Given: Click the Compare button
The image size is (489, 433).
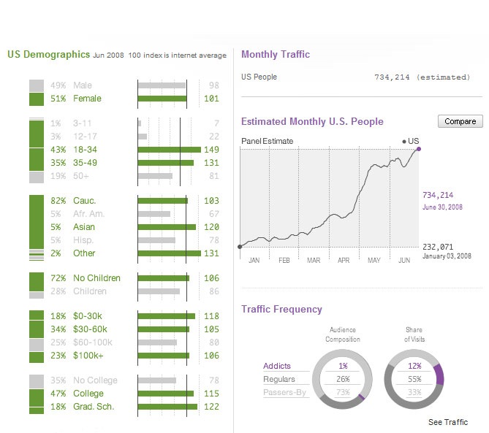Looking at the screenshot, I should pos(460,121).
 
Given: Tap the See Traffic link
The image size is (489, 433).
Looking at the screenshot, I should pos(448,422).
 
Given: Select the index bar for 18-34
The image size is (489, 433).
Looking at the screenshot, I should pos(169,150).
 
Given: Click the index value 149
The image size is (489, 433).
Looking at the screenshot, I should pos(212,150).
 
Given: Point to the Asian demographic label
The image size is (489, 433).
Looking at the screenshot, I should pos(84,227).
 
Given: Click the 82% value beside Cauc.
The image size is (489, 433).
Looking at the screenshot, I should pos(58,201).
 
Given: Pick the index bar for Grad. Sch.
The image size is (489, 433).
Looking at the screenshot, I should pos(167,407).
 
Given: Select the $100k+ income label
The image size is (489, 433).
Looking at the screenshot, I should pos(88,356).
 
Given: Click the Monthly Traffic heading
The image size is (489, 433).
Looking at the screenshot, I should pos(276,55).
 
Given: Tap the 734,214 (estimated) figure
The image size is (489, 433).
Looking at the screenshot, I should pos(422,77).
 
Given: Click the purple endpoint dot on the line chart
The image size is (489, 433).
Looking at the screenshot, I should pos(419,148).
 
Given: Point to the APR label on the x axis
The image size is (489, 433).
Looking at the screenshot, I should pos(344,260).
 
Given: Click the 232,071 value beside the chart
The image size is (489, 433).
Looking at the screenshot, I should pos(438,246).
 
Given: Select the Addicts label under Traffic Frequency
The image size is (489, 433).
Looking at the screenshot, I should pos(277,366).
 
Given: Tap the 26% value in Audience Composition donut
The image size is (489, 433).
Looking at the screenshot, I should pos(343,380).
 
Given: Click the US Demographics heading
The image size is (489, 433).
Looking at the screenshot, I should pos(48,55).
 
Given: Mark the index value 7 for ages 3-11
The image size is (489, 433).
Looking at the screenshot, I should pos(216,123).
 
